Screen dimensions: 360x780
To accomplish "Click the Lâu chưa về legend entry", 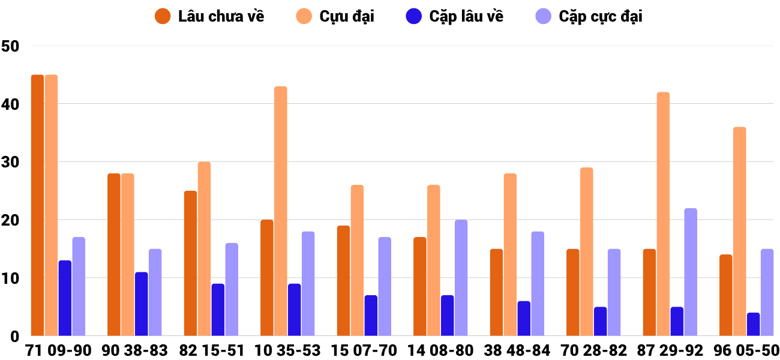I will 209,16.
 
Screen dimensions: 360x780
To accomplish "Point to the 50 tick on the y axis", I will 11,46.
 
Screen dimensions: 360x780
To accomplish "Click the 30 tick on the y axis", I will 11,162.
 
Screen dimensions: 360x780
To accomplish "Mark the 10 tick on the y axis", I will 11,278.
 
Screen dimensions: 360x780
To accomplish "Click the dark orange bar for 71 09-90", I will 37,205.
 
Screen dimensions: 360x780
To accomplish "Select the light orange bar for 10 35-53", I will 281,211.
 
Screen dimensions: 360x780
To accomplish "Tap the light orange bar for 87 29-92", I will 663,214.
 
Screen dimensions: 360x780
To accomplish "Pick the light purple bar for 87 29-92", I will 691,272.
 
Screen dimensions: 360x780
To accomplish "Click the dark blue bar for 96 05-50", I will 754,324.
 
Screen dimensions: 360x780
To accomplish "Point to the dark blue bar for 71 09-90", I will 65,298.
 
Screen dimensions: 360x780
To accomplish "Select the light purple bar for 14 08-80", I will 461,278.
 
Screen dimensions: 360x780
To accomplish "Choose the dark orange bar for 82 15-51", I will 190,263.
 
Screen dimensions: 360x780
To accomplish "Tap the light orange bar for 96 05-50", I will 740,232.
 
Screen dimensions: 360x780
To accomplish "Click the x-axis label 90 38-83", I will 134,350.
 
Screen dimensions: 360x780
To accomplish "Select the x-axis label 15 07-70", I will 364,350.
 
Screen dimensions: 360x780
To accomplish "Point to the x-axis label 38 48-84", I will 517,350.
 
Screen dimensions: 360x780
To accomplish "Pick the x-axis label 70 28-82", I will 593,350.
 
